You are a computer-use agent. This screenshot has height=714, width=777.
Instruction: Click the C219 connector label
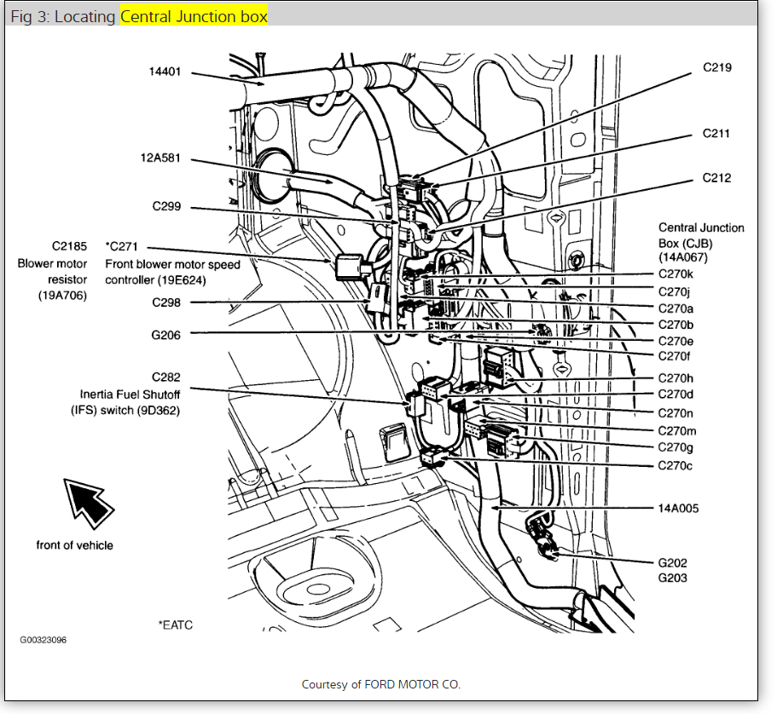716,67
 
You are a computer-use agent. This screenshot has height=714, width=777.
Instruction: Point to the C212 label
716,178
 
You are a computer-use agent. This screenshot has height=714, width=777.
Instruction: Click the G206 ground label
165,335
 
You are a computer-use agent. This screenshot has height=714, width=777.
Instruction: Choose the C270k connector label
676,274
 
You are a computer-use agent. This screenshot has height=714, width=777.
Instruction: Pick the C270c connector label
676,465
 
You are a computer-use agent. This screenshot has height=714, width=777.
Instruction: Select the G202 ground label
672,562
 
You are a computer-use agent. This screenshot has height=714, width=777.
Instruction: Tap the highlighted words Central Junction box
194,17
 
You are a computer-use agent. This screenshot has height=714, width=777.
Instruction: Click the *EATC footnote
175,625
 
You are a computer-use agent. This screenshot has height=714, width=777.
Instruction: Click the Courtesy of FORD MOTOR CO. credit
381,684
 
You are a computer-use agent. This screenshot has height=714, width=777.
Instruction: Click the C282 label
165,377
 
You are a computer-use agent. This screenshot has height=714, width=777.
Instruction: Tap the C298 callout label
165,302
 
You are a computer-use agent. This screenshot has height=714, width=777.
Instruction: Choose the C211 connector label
716,134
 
